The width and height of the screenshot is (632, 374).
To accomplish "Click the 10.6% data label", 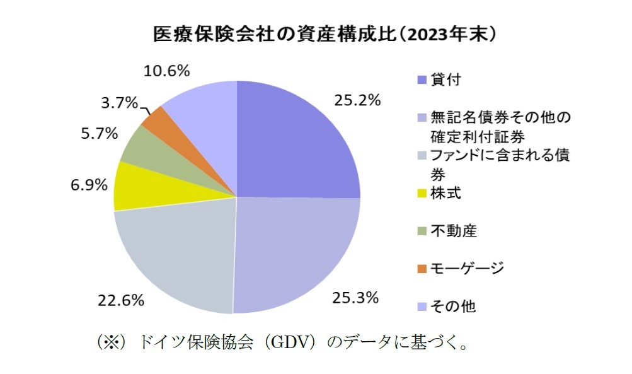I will pos(166,71).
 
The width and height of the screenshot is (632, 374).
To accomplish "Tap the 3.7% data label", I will pos(119,102).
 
